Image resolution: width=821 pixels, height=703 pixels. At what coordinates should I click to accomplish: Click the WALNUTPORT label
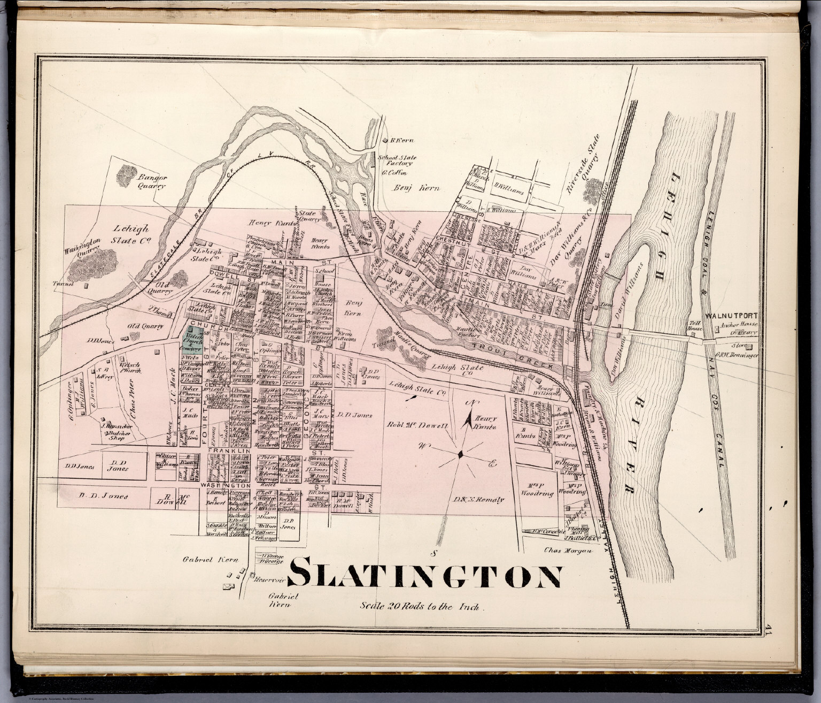pos(731,316)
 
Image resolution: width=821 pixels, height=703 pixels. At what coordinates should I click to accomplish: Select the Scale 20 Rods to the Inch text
pos(421,607)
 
